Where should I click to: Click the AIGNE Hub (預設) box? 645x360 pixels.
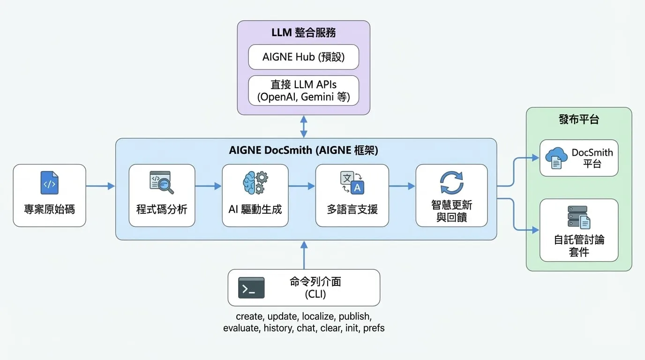click(303, 57)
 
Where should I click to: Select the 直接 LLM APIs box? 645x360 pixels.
click(303, 90)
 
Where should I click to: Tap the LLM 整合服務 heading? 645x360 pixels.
click(303, 32)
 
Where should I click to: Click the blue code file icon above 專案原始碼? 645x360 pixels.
click(50, 183)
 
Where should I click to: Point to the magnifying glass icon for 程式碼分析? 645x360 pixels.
click(162, 183)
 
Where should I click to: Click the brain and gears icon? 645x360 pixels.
click(255, 183)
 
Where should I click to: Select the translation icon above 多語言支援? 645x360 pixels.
click(352, 183)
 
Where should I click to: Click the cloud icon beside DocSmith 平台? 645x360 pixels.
click(556, 158)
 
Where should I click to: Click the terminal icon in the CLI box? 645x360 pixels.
click(251, 288)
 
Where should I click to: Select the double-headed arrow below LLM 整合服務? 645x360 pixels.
click(304, 127)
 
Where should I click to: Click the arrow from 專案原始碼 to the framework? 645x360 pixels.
click(100, 186)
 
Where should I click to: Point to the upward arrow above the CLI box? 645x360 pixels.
click(304, 255)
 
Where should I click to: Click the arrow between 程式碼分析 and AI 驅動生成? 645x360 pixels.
click(209, 186)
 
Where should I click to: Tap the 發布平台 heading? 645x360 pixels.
click(579, 119)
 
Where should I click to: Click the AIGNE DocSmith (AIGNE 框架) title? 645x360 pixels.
click(303, 150)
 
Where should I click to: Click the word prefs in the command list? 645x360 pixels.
click(374, 328)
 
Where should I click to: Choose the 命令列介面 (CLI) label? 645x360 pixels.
click(315, 288)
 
